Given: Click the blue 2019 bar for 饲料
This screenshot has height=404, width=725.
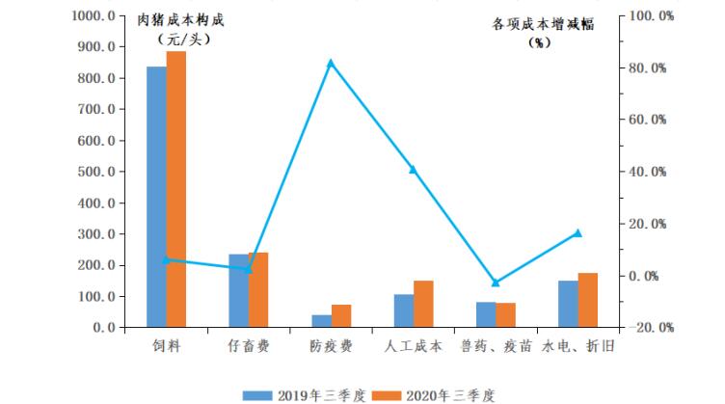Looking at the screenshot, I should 156,198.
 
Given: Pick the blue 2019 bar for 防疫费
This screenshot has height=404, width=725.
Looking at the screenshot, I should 321,321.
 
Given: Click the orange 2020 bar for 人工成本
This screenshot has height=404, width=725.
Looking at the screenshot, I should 423,304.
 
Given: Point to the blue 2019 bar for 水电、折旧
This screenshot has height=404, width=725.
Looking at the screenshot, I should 568,304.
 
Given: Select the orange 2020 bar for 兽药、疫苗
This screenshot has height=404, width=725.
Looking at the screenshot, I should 506,315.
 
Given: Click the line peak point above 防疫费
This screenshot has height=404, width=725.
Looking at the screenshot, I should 331,64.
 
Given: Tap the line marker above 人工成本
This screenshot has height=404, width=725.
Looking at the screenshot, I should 413,170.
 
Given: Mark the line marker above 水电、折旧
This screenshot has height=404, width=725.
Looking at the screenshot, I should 578,232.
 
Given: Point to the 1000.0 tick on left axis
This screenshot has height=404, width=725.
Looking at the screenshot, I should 93,16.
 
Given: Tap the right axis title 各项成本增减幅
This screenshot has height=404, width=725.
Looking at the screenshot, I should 542,25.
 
